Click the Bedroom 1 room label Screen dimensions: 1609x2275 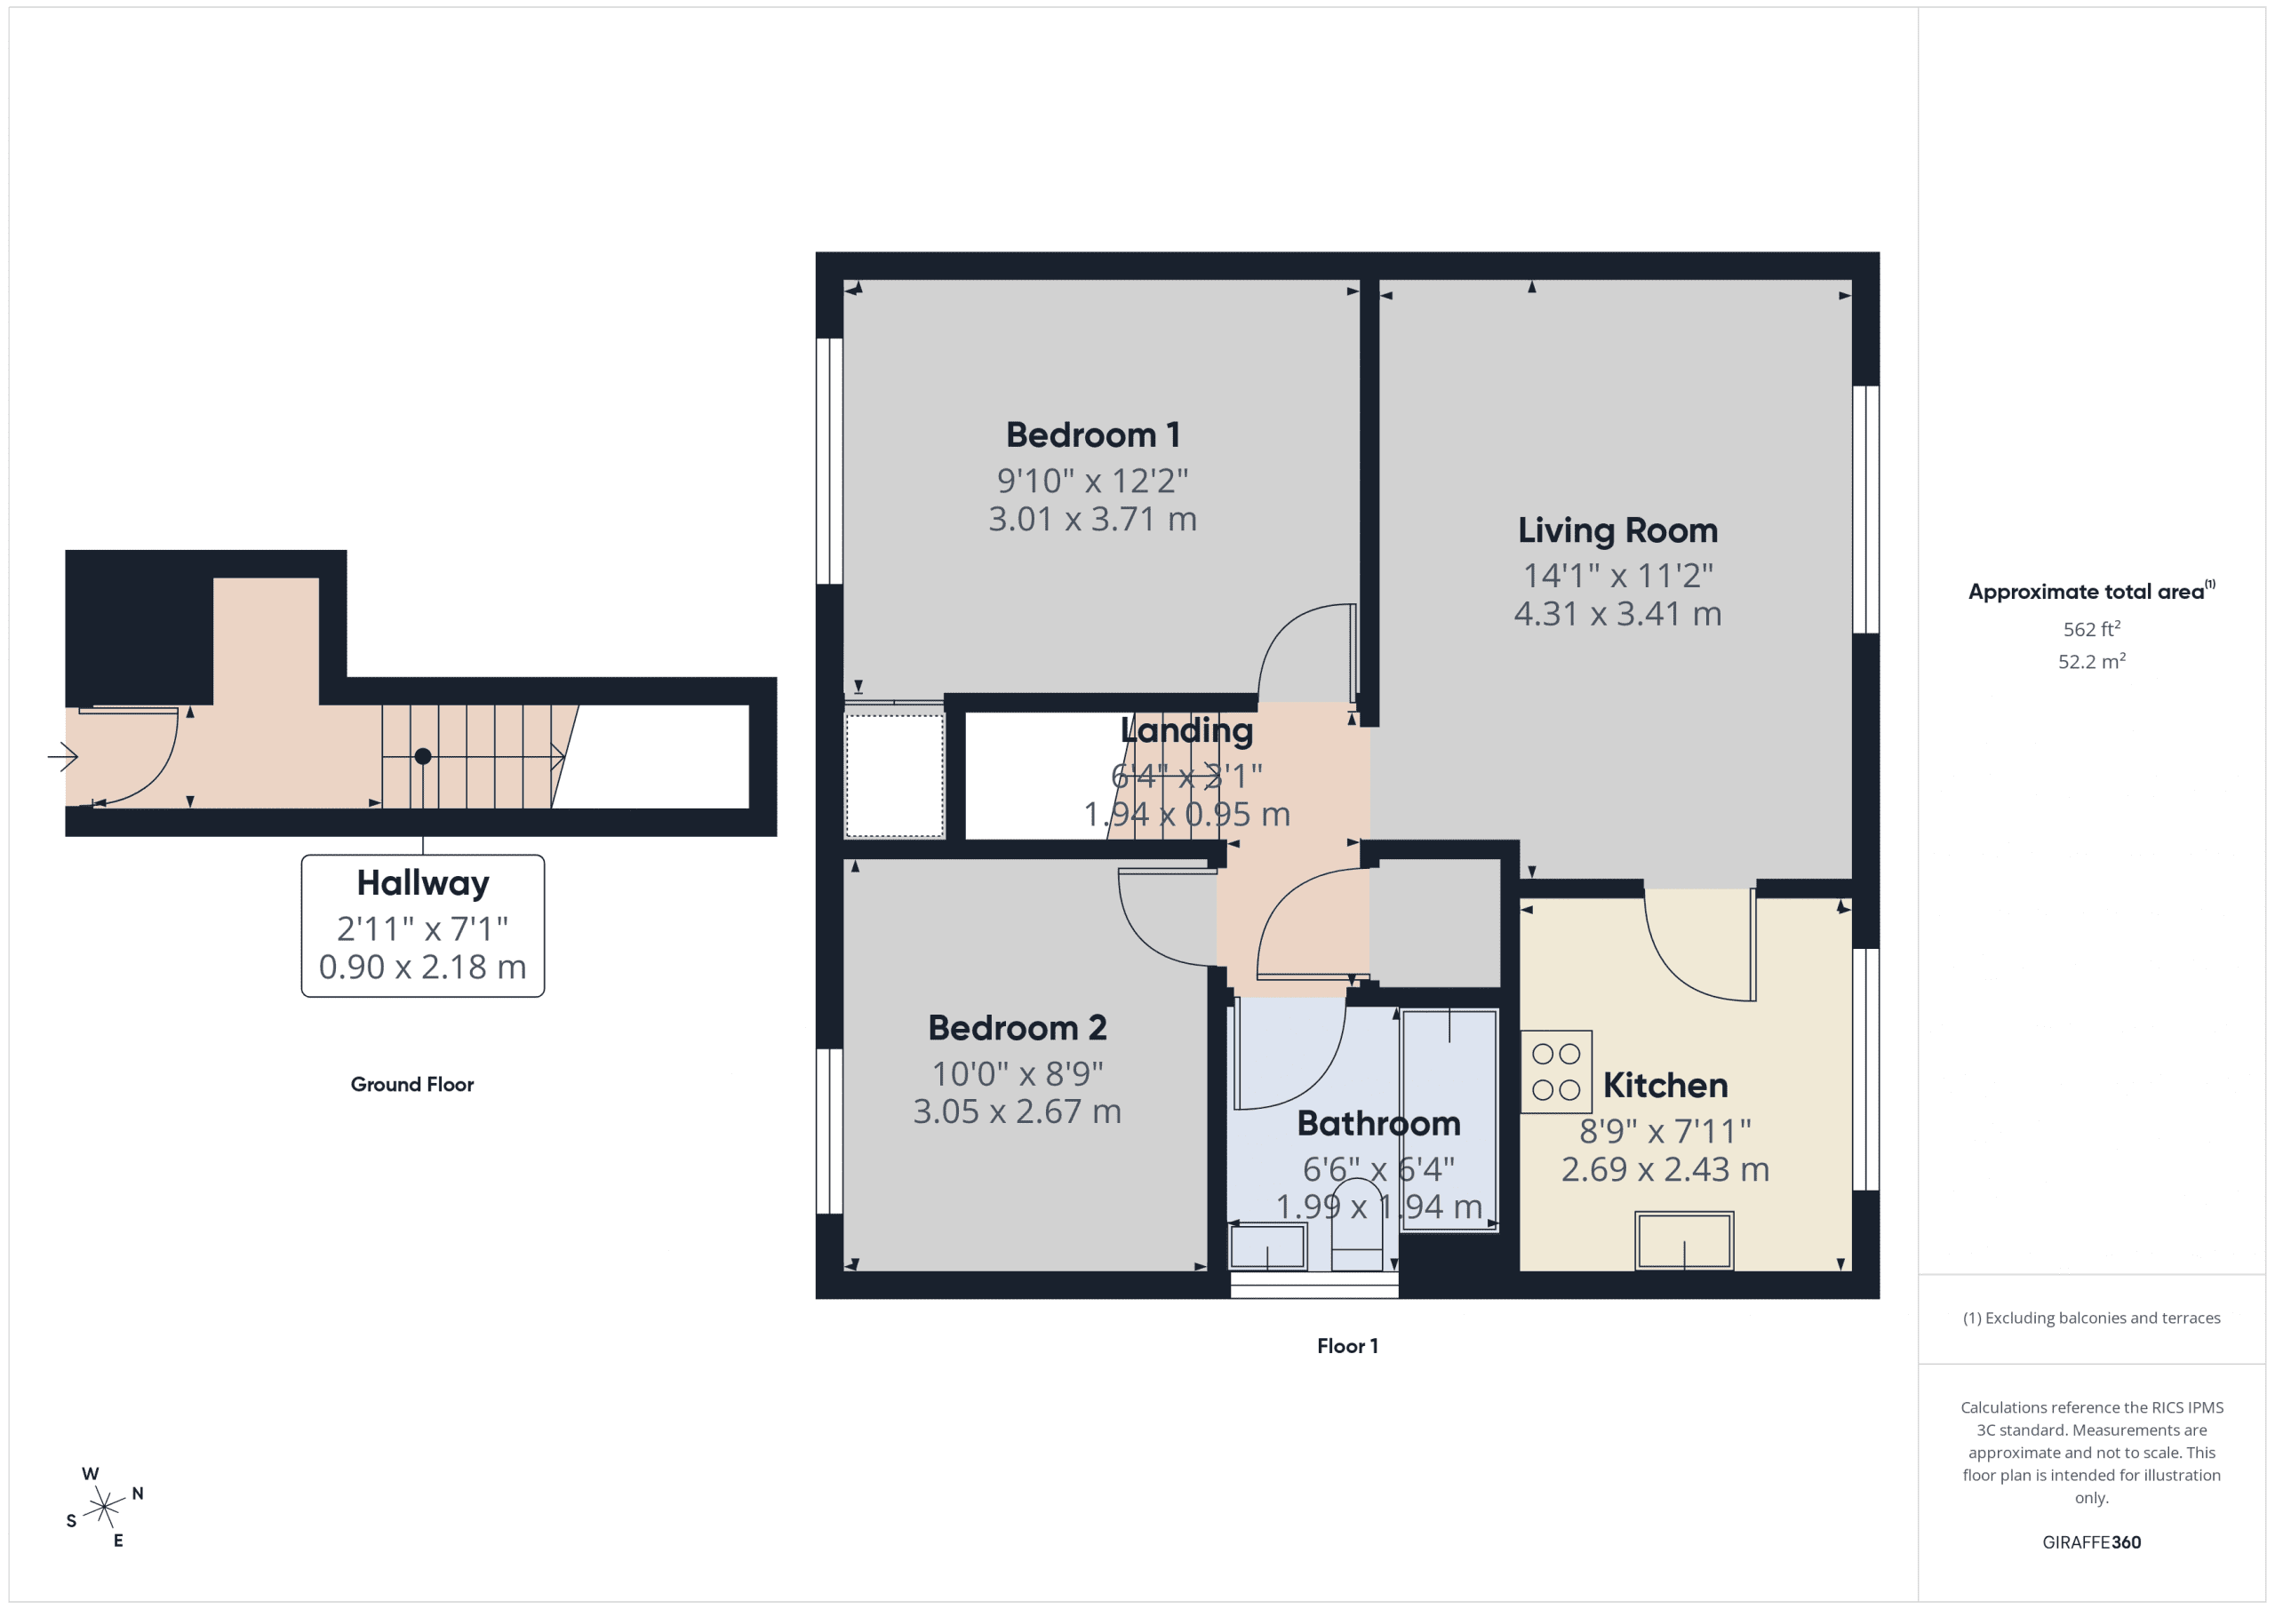pos(1092,435)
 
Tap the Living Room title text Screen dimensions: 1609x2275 pos(1617,530)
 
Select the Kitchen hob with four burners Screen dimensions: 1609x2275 pos(1556,1072)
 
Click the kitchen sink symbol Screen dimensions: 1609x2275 pos(1683,1240)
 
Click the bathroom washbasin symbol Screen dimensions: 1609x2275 pos(1266,1246)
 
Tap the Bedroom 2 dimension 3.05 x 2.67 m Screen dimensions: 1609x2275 pos(1017,1111)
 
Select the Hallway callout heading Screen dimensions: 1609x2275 pos(422,883)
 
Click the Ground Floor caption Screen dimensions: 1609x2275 pos(412,1085)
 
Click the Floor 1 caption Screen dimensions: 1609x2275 pos(1346,1345)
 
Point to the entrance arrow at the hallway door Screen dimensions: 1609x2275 pos(63,757)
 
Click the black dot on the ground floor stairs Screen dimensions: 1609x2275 pos(423,757)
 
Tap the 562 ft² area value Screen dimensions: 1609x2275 pos(2091,629)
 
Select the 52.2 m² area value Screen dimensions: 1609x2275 pos(2091,661)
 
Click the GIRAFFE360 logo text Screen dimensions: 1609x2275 pos(2091,1542)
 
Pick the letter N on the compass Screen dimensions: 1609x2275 pos(138,1494)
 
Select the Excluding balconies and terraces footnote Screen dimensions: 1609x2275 pos(2091,1318)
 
